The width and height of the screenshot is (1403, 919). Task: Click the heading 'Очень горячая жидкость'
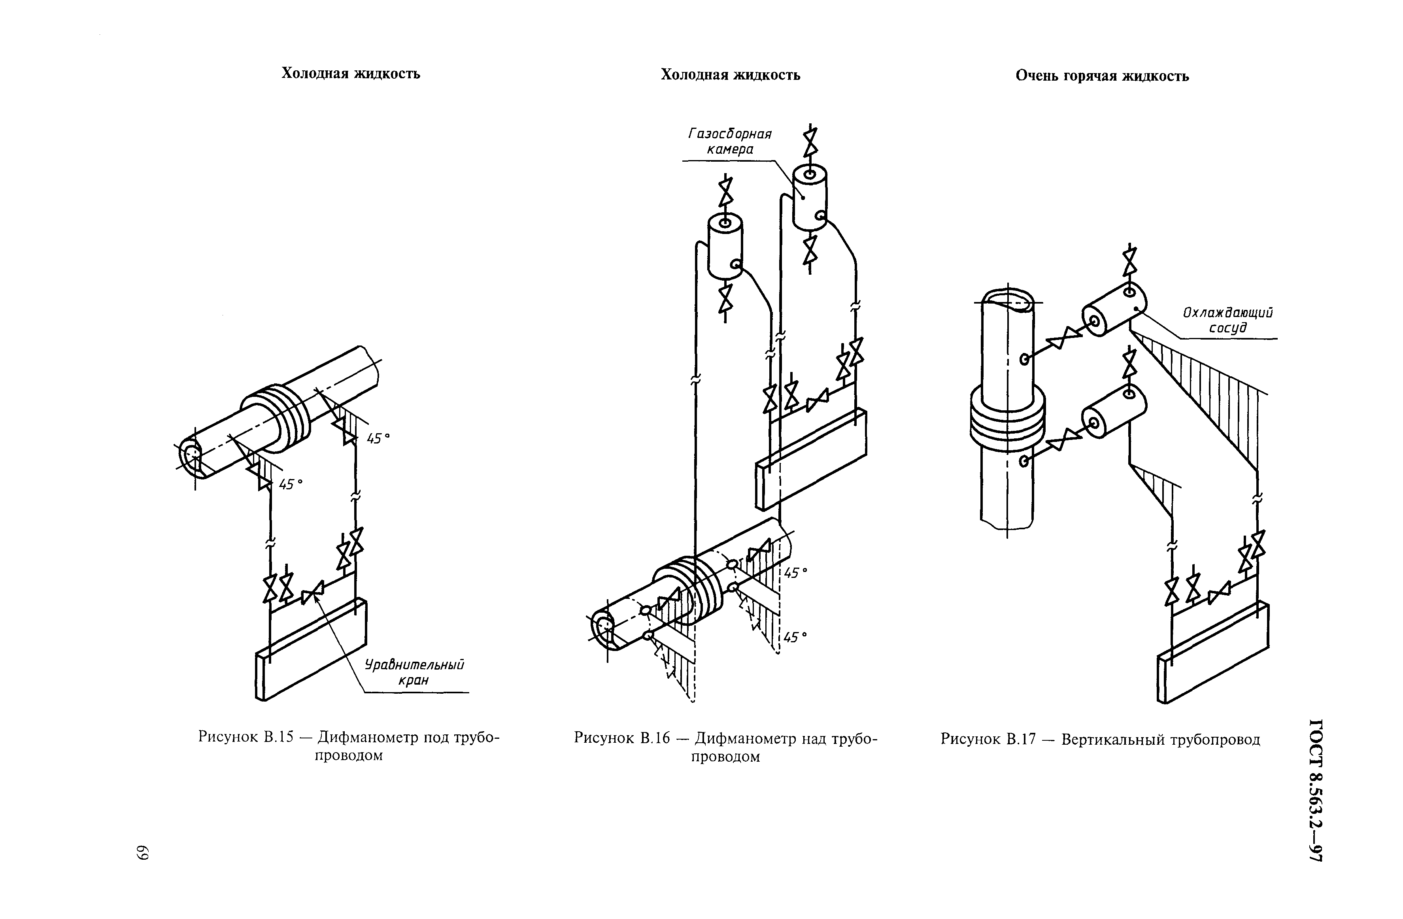1102,77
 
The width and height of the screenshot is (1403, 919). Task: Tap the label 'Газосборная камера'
730,142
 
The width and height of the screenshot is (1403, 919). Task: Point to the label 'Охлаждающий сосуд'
1227,320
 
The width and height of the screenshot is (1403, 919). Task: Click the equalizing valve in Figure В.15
312,593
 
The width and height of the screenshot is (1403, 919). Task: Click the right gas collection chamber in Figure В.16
810,198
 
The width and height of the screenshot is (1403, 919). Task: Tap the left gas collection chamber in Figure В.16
725,247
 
